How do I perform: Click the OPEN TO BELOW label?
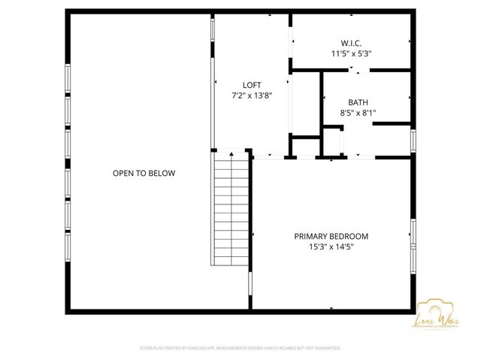coord(144,174)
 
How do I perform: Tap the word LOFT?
coord(251,85)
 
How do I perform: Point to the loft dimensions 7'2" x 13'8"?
coord(251,95)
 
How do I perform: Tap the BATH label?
coord(358,102)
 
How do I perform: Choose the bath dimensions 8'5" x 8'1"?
coord(358,113)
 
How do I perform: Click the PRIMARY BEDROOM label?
coord(331,236)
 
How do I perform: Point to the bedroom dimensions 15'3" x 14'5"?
coord(331,247)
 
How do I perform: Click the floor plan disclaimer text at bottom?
coord(240,348)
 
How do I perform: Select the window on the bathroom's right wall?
coord(413,141)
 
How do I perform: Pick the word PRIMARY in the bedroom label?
coord(312,236)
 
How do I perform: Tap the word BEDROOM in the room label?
coord(349,236)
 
